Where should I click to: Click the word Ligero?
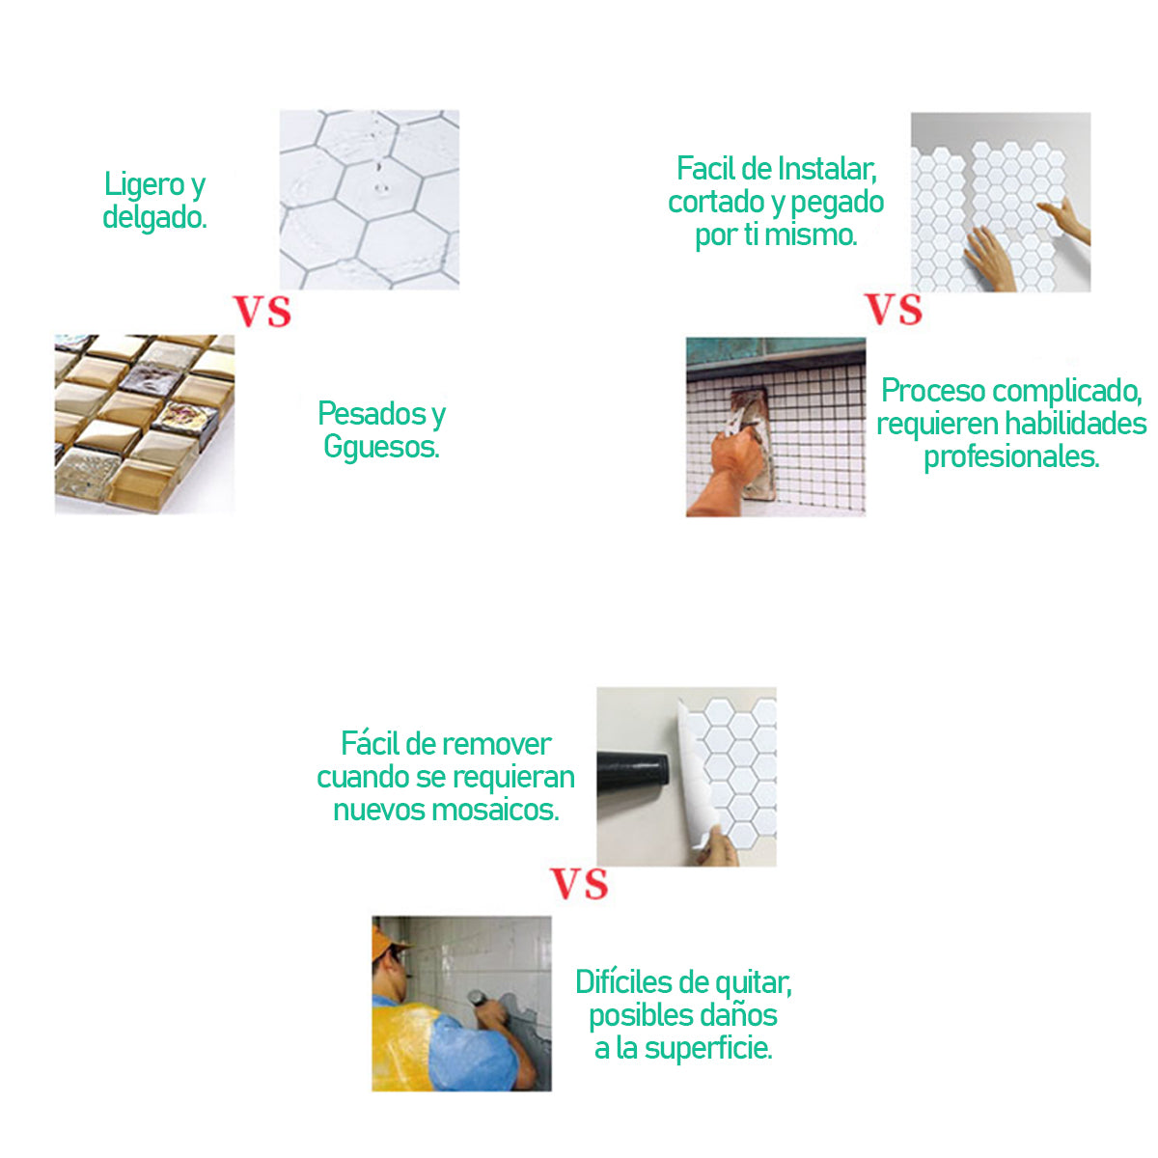(145, 184)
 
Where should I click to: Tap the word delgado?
(154, 217)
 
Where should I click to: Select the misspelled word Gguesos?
(381, 447)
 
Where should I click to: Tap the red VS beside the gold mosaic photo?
(262, 311)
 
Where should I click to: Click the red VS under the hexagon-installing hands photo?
(893, 310)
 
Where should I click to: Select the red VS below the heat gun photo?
(579, 884)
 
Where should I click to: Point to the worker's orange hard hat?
(385, 942)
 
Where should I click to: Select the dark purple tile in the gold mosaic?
(151, 381)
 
